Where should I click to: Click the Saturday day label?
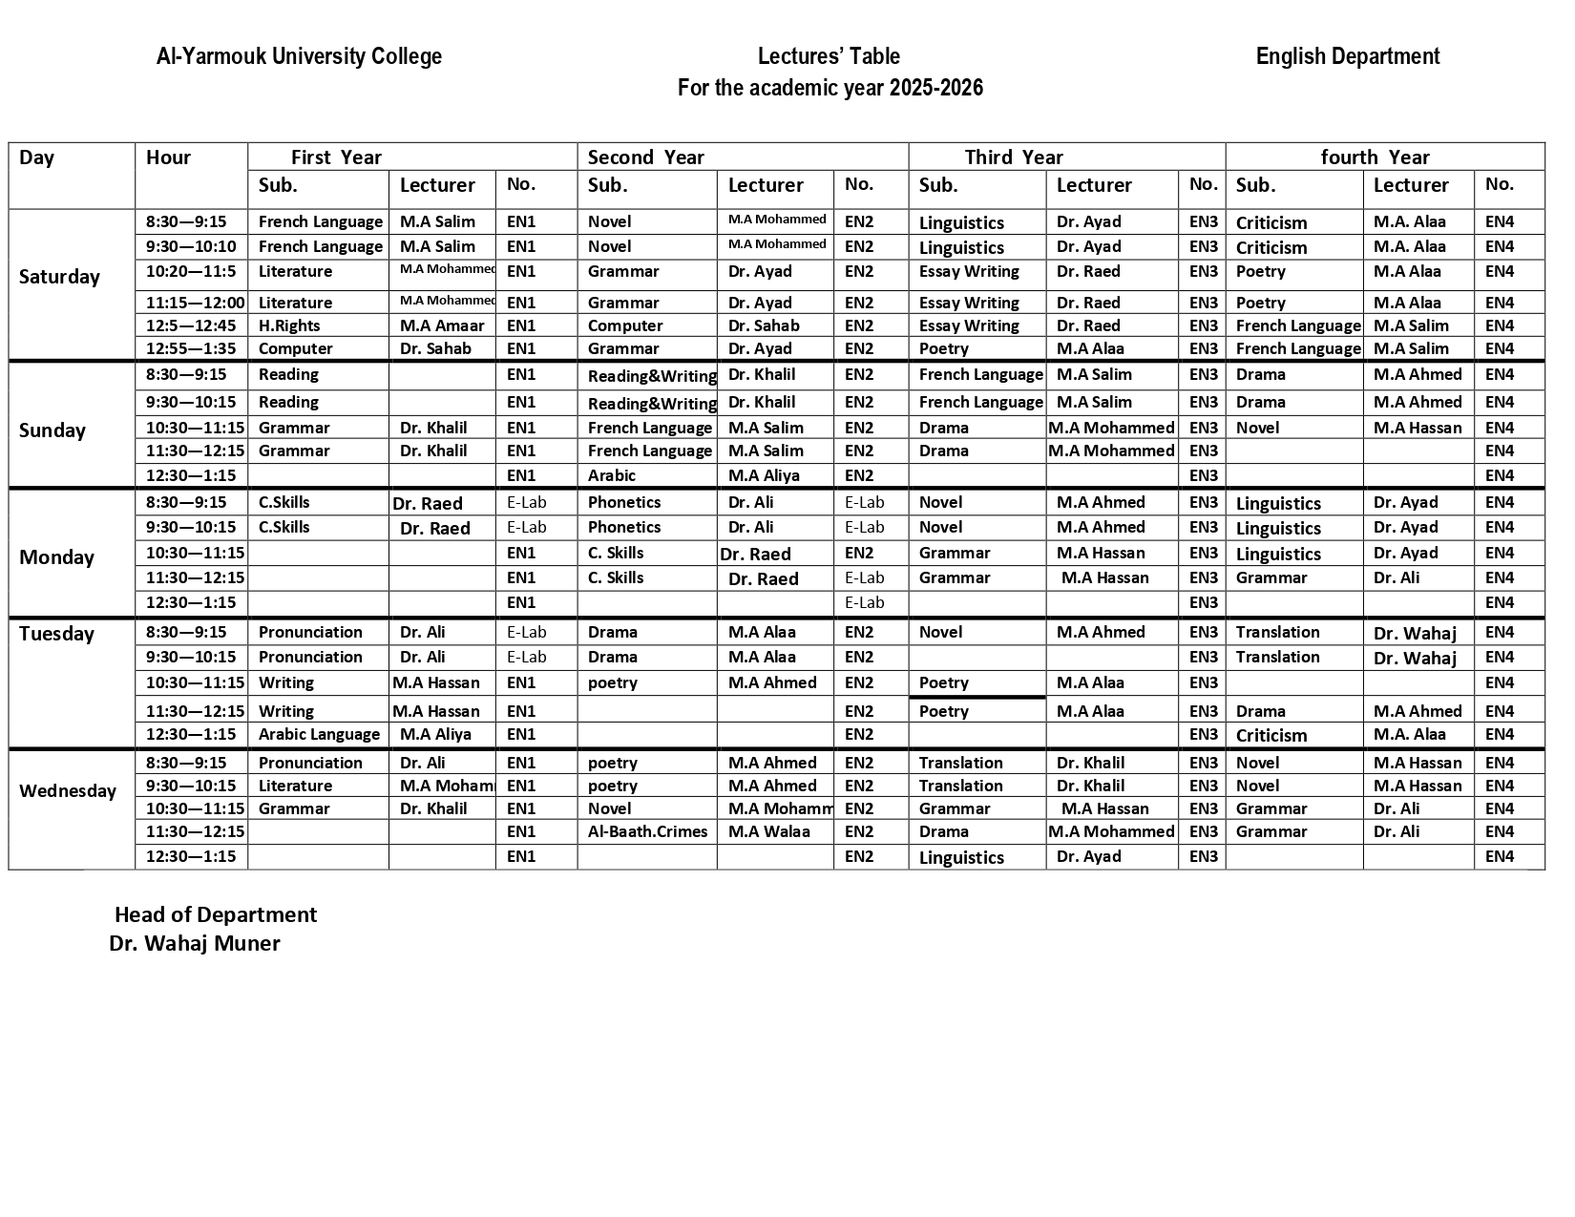[59, 277]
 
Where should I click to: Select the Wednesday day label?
[68, 790]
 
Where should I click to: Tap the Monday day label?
[56, 557]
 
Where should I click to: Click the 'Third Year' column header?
[1013, 157]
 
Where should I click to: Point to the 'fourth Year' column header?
[1375, 157]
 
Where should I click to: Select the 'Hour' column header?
[168, 157]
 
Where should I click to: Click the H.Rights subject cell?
[289, 325]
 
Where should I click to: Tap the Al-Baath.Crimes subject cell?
[647, 831]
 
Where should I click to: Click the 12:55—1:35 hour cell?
[191, 348]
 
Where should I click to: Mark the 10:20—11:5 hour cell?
[191, 271]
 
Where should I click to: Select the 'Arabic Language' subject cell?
[319, 734]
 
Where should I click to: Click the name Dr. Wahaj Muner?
[195, 943]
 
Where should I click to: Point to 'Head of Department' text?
[216, 914]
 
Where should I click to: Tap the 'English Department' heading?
[1347, 56]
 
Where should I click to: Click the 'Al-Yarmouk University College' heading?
[299, 56]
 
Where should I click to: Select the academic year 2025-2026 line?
[829, 88]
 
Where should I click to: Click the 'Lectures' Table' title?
[829, 56]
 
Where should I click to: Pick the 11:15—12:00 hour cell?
[195, 303]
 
